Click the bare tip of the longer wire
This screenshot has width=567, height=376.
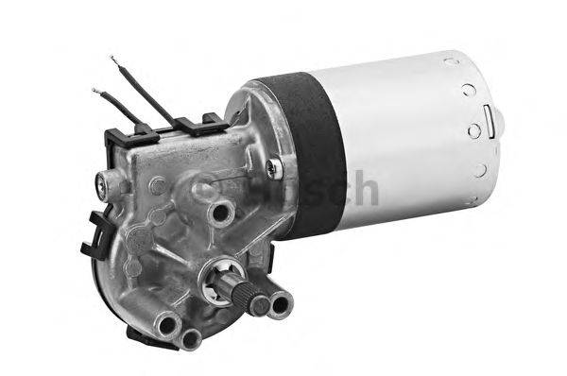pos(113,60)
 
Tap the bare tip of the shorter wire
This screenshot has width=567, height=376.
pos(96,92)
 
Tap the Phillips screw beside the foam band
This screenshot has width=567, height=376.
pos(272,169)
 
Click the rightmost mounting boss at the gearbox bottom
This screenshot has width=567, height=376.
pos(281,304)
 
